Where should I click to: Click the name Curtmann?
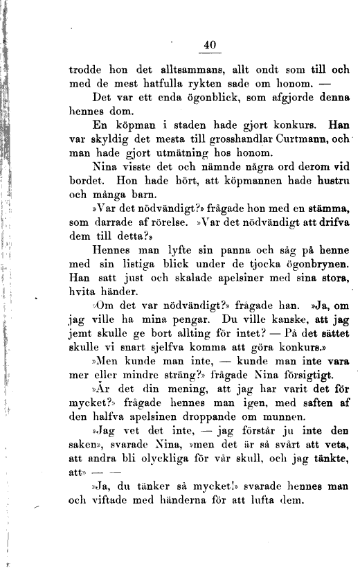pyautogui.click(x=295, y=141)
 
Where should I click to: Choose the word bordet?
pyautogui.click(x=86, y=183)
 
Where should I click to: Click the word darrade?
pyautogui.click(x=121, y=224)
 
